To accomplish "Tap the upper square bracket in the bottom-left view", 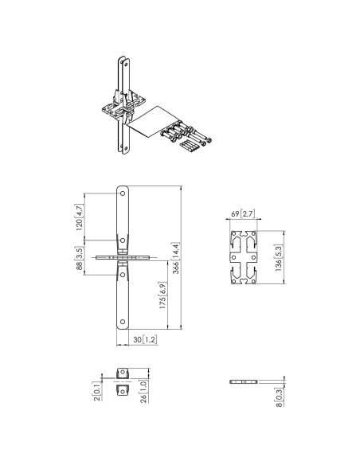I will tap(123, 373).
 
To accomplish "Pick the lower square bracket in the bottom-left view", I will tap(123, 391).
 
